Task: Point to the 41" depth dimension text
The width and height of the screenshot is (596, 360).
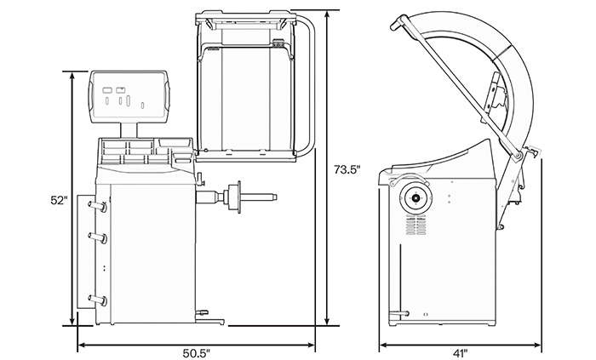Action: [x=461, y=351]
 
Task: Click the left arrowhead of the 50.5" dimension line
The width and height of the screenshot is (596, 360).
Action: [x=80, y=346]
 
